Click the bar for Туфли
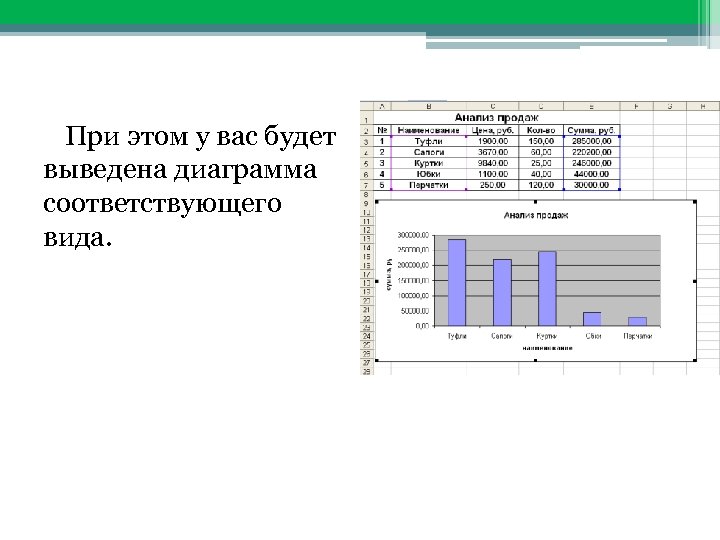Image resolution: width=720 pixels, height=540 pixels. click(457, 282)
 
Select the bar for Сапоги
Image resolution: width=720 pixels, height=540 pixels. click(502, 292)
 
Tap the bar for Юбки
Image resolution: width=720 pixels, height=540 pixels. click(592, 318)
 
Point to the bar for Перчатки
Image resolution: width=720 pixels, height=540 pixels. click(637, 321)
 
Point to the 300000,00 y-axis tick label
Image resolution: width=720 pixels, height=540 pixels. click(413, 234)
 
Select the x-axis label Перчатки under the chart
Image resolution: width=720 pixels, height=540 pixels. click(637, 336)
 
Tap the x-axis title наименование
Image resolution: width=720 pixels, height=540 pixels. click(546, 348)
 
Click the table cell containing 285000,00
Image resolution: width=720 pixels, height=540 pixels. click(593, 142)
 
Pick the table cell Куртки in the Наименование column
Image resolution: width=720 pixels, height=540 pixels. click(429, 163)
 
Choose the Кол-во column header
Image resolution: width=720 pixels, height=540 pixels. click(541, 130)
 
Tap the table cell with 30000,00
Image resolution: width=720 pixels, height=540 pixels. click(593, 185)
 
